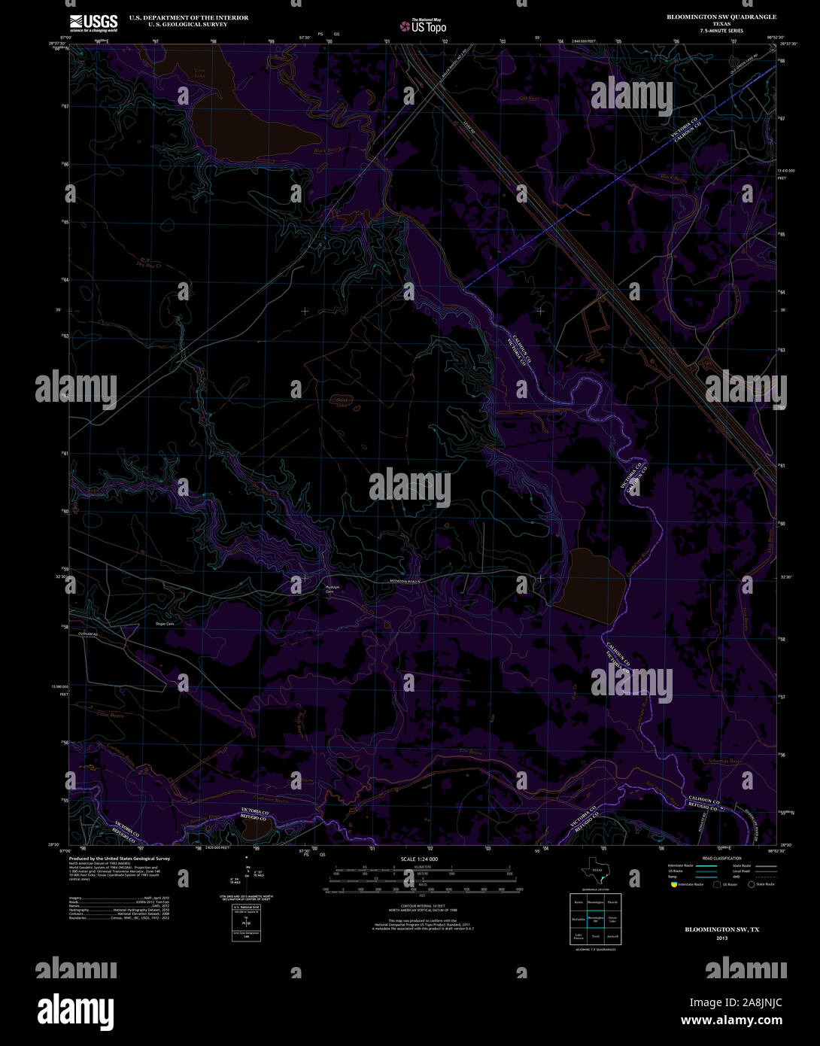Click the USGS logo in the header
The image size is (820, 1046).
(93, 23)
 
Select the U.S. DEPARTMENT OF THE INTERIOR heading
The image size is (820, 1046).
(188, 17)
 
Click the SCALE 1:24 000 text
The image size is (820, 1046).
(419, 859)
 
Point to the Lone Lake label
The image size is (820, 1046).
(199, 74)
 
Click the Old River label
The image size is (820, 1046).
(509, 98)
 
